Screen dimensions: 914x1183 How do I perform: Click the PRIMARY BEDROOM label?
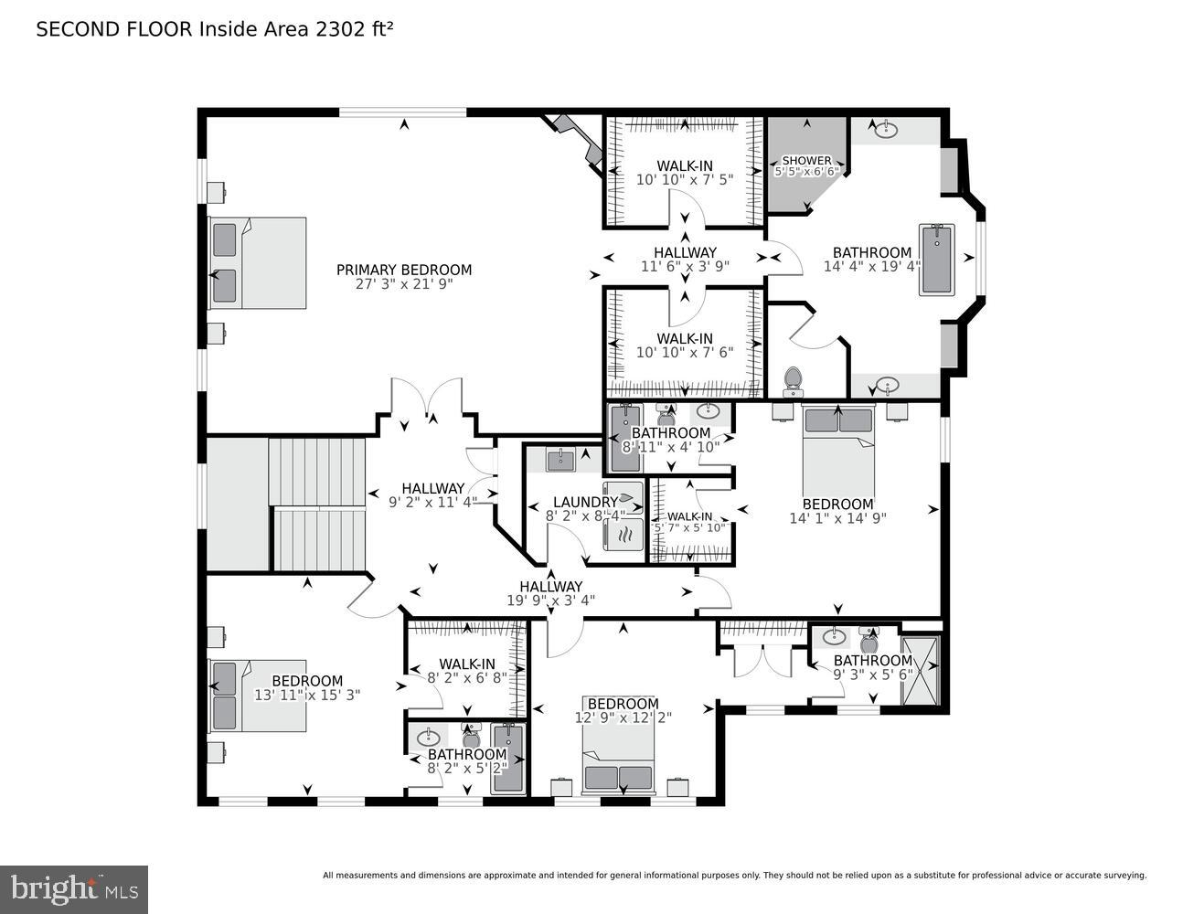pos(404,270)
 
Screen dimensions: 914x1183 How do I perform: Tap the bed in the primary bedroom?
pos(257,263)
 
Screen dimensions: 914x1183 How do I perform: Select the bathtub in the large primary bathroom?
pos(936,260)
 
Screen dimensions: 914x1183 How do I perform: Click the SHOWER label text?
pos(806,160)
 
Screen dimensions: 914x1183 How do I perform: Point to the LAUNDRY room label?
pos(585,502)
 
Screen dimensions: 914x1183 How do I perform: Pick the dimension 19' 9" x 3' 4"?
pos(550,600)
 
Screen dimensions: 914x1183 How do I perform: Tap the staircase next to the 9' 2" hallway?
pos(317,505)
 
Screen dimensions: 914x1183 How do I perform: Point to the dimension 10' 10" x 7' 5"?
pos(685,180)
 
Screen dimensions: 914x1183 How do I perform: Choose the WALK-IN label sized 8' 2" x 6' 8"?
pos(466,664)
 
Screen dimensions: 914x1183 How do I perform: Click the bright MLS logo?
pos(74,888)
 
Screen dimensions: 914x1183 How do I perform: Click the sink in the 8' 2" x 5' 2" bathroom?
pos(427,737)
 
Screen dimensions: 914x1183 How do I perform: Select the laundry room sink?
pos(560,460)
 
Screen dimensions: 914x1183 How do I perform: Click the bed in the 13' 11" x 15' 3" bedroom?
pos(257,695)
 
